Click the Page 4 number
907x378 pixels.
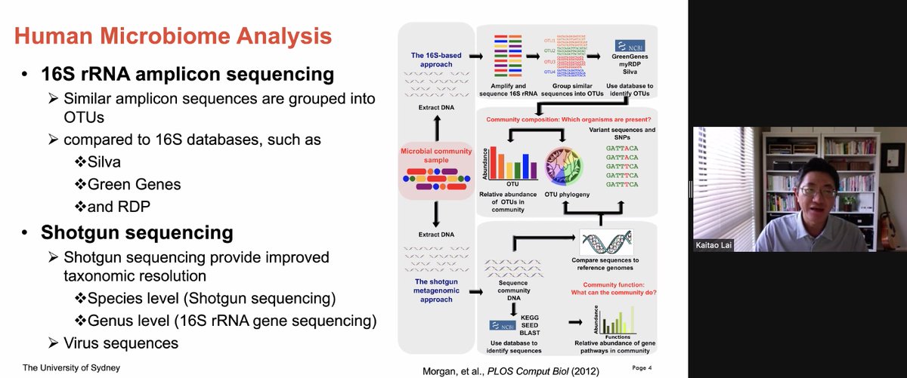click(642, 367)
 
